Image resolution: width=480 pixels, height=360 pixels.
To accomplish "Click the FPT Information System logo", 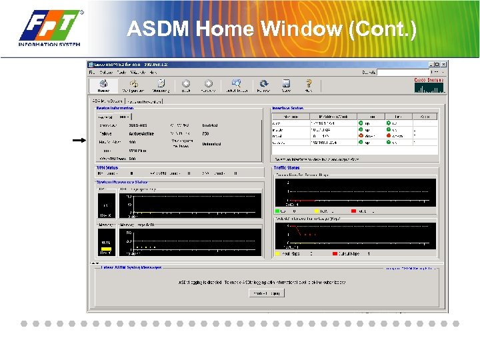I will [51, 29].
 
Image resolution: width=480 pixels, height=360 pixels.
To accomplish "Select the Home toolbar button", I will [103, 85].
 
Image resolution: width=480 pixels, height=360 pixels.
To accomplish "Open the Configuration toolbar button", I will [133, 85].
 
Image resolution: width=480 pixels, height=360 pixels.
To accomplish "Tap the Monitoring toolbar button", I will [161, 85].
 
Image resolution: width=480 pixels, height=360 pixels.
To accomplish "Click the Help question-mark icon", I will [308, 85].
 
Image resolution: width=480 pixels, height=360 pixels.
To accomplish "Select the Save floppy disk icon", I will [286, 85].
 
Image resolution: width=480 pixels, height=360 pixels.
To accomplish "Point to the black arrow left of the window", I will [79, 140].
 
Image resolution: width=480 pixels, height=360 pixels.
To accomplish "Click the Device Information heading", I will [115, 107].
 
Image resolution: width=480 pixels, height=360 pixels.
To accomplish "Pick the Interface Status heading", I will [288, 108].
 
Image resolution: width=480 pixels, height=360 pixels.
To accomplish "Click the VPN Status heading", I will [107, 167].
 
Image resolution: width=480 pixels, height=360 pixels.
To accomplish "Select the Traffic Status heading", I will [287, 167].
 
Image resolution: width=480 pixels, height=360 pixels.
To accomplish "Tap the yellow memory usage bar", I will [106, 249].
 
